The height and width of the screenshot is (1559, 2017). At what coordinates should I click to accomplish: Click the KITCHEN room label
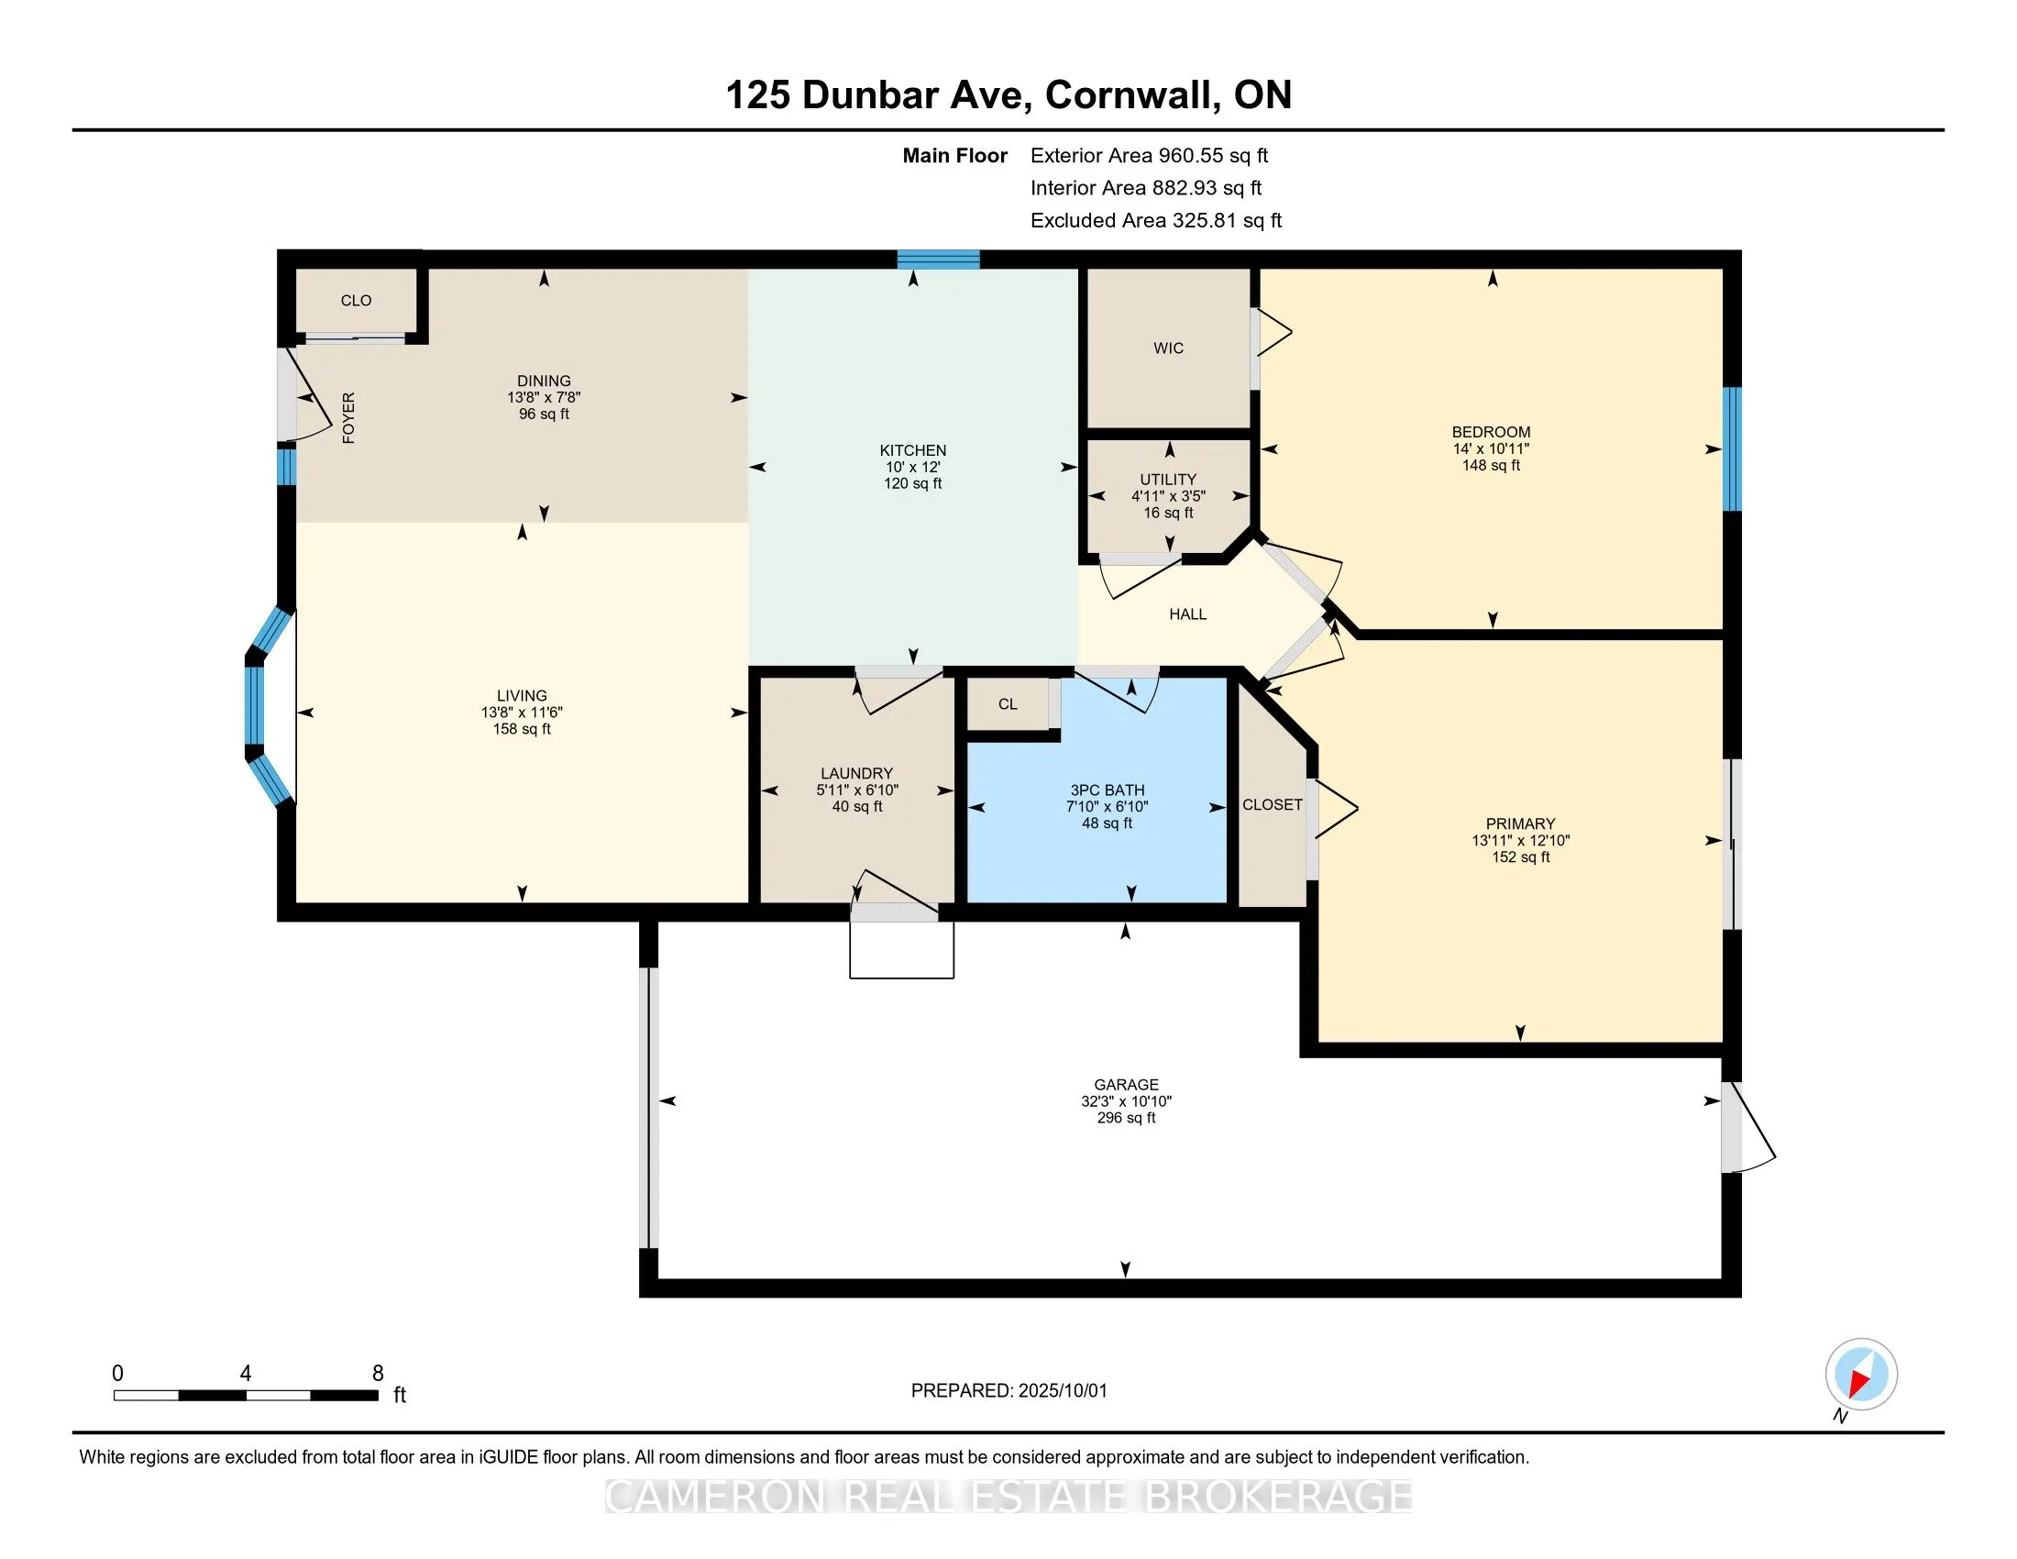pyautogui.click(x=912, y=450)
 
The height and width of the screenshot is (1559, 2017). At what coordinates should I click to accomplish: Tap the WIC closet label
pyautogui.click(x=1168, y=348)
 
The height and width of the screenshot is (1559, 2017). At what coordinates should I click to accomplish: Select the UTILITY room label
pyautogui.click(x=1168, y=480)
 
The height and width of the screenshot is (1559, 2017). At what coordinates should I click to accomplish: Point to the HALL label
pyautogui.click(x=1187, y=614)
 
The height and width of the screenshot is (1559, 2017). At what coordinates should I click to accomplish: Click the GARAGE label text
pyautogui.click(x=1126, y=1084)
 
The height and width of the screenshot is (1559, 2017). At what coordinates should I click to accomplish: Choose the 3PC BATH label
pyautogui.click(x=1108, y=790)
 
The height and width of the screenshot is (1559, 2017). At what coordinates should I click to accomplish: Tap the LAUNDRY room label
pyautogui.click(x=857, y=773)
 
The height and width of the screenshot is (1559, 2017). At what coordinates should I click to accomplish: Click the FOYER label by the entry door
pyautogui.click(x=348, y=417)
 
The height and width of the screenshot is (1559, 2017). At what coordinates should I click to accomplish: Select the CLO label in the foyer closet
pyautogui.click(x=356, y=300)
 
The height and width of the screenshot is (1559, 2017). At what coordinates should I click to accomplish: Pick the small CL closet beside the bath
pyautogui.click(x=1008, y=703)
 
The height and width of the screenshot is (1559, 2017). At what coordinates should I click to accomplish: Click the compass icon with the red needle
pyautogui.click(x=1861, y=1375)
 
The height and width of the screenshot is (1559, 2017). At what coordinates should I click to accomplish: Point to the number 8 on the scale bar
pyautogui.click(x=378, y=1374)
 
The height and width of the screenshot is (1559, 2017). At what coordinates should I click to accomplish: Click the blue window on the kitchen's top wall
pyautogui.click(x=938, y=259)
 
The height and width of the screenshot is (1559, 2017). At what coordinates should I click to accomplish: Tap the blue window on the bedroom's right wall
pyautogui.click(x=1733, y=448)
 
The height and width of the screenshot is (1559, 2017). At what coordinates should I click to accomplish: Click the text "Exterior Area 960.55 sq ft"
pyautogui.click(x=1150, y=155)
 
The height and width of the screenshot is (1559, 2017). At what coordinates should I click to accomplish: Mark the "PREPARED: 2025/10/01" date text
pyautogui.click(x=1008, y=1391)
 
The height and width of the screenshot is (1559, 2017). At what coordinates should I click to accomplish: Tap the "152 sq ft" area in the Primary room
pyautogui.click(x=1520, y=857)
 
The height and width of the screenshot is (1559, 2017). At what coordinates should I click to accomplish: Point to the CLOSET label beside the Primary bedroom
pyautogui.click(x=1272, y=804)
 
